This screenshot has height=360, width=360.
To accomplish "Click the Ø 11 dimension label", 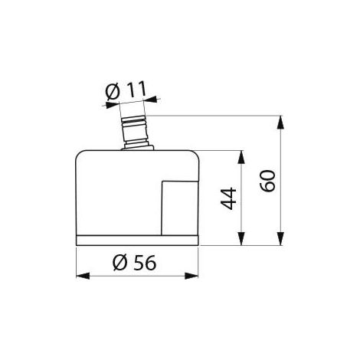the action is coord(126,90).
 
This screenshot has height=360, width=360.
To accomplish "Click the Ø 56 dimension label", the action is coord(134,263).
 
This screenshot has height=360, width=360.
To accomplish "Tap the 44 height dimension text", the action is coord(228,198).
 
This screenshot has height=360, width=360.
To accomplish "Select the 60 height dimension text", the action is coord(268,181).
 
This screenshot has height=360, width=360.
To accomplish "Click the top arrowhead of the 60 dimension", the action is coord(280,122).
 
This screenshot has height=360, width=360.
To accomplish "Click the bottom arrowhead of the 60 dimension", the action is coord(280,239).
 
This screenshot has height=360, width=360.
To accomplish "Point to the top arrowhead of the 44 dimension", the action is coord(241,157).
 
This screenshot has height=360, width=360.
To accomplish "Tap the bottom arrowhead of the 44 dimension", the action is coord(241,239).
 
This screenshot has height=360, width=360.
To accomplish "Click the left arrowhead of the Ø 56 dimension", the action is coord(83,276).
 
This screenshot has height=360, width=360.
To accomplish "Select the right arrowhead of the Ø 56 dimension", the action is coord(191,276).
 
